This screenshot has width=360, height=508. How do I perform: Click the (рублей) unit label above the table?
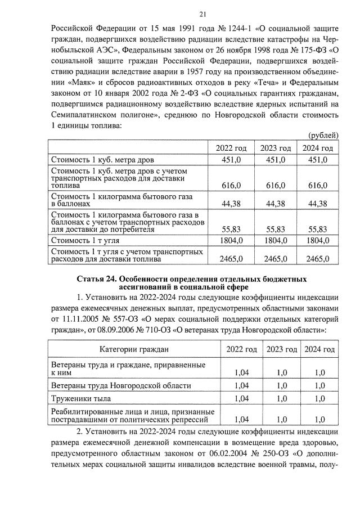pyautogui.click(x=324, y=136)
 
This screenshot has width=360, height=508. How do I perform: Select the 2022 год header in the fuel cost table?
pyautogui.click(x=231, y=148)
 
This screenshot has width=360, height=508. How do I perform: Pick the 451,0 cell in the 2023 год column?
pyautogui.click(x=275, y=160)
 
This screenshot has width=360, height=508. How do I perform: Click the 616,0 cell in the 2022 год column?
pyautogui.click(x=231, y=185)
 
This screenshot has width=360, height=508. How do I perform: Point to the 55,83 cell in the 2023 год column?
pyautogui.click(x=275, y=229)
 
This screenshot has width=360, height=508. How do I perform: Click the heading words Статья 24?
pyautogui.click(x=98, y=280)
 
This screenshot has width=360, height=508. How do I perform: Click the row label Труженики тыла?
pyautogui.click(x=80, y=398)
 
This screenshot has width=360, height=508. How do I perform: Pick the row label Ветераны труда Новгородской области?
pyautogui.click(x=120, y=385)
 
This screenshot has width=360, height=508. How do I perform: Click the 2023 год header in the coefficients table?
pyautogui.click(x=281, y=349)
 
